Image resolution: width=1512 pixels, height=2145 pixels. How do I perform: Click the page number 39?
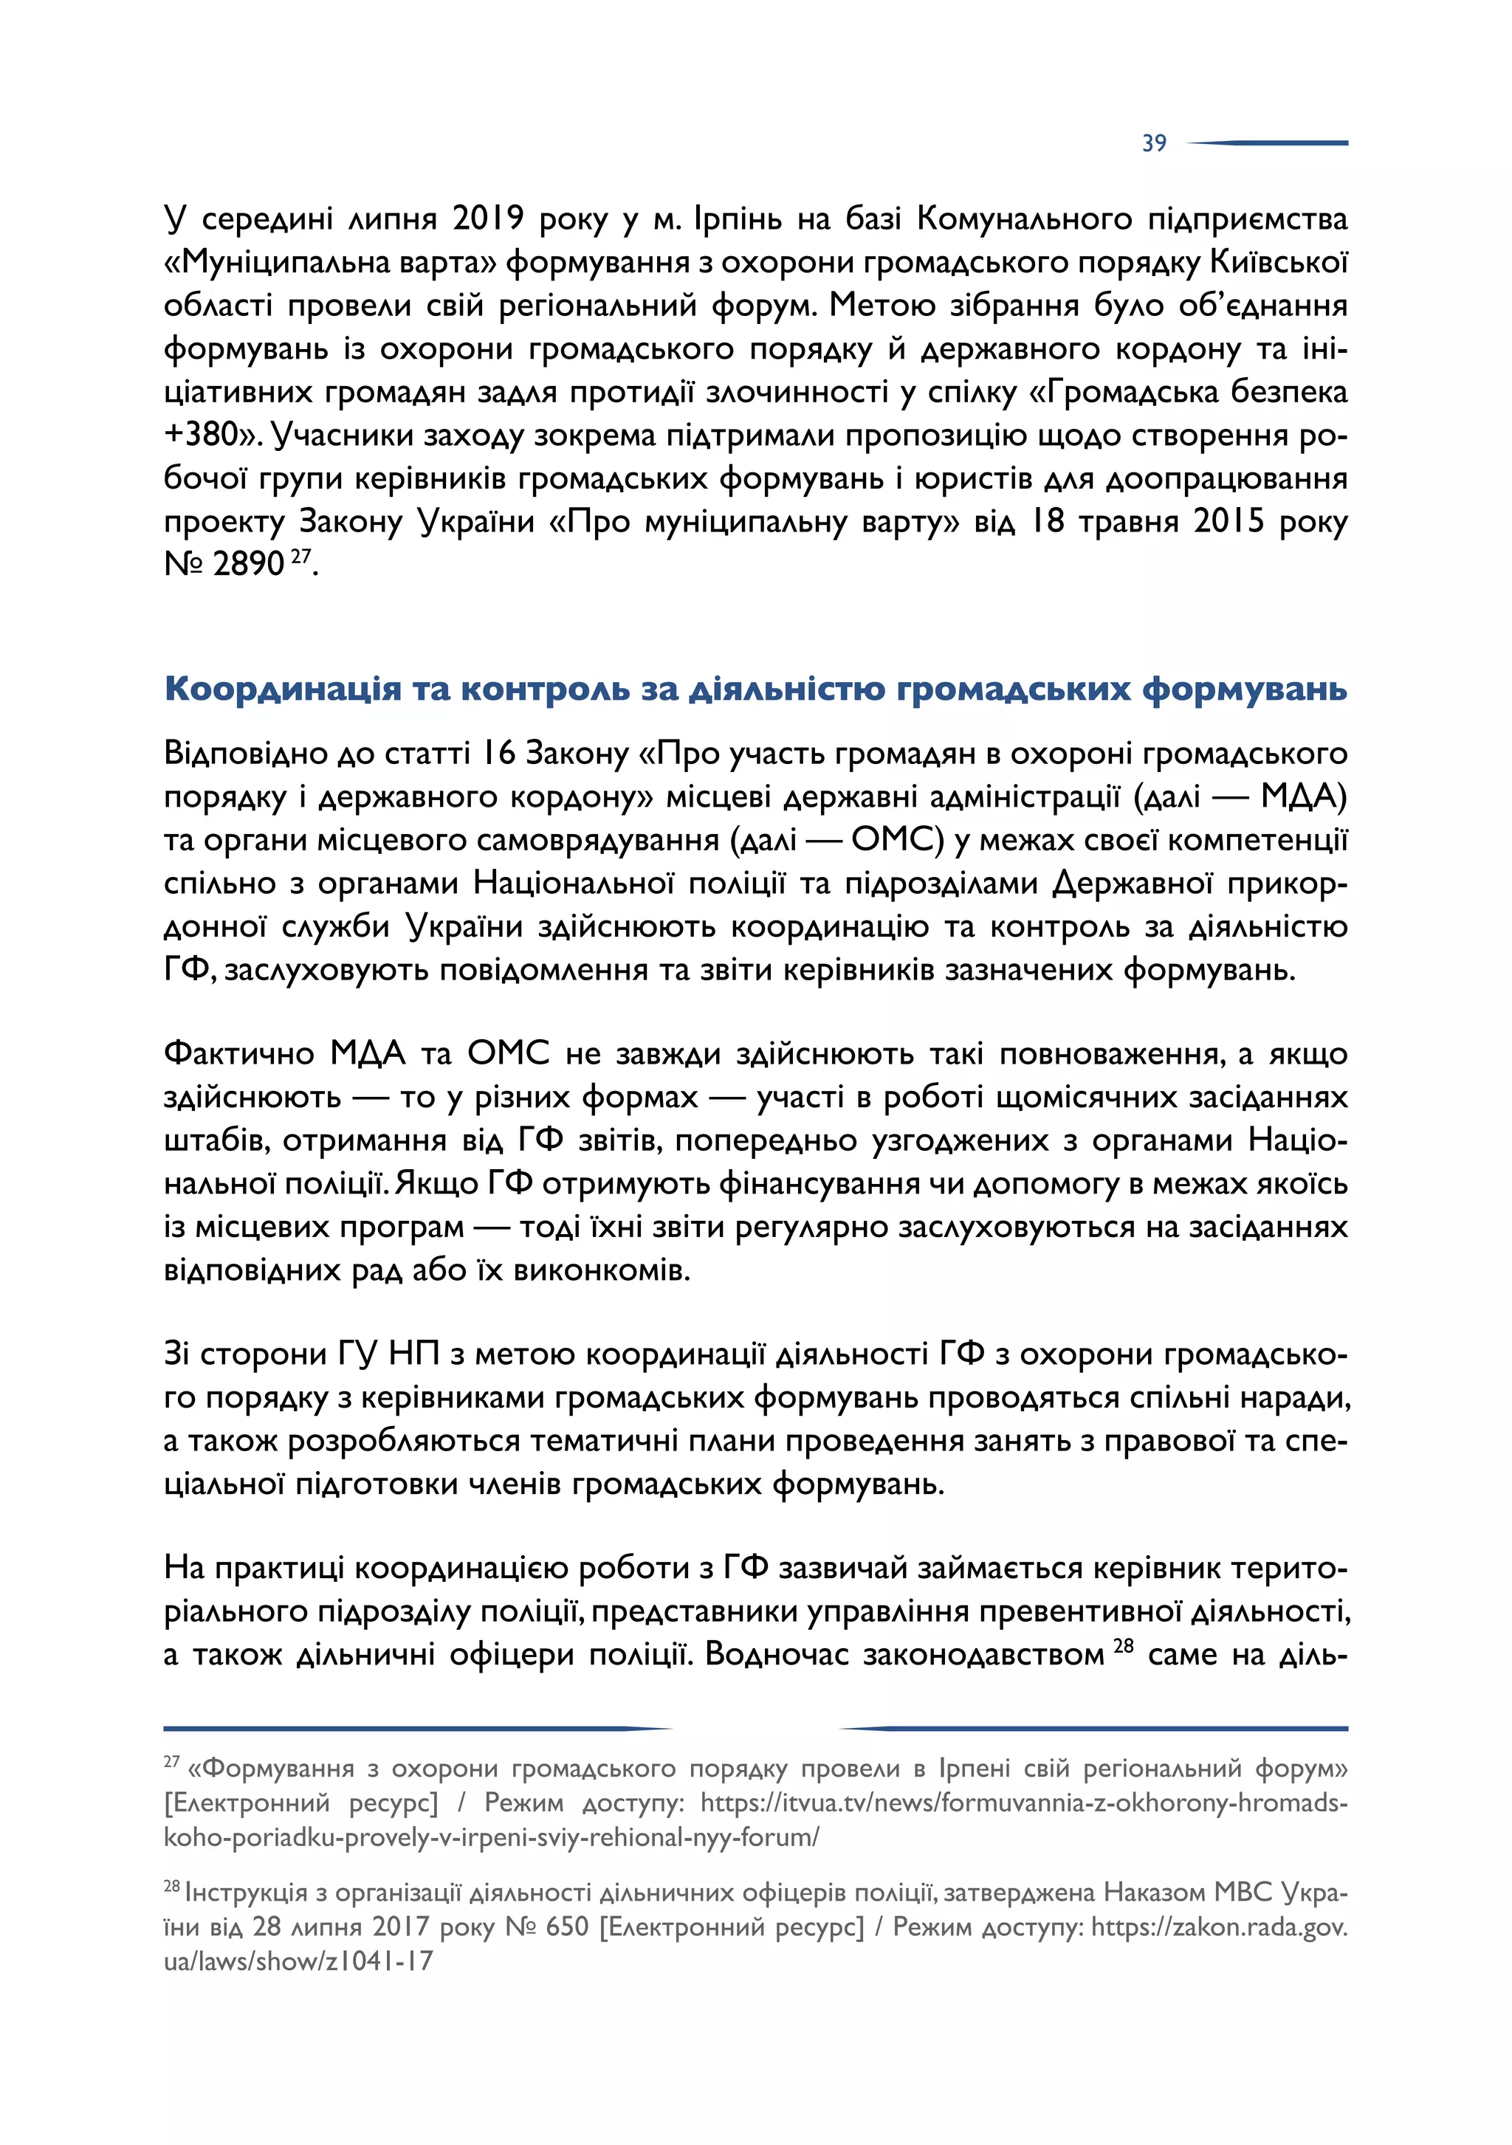point(1153,143)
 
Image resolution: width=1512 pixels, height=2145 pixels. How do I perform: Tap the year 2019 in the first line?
point(488,218)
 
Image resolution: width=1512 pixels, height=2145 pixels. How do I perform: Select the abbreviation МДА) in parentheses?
point(1304,797)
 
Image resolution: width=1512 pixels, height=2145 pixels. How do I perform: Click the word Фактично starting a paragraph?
point(238,1054)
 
